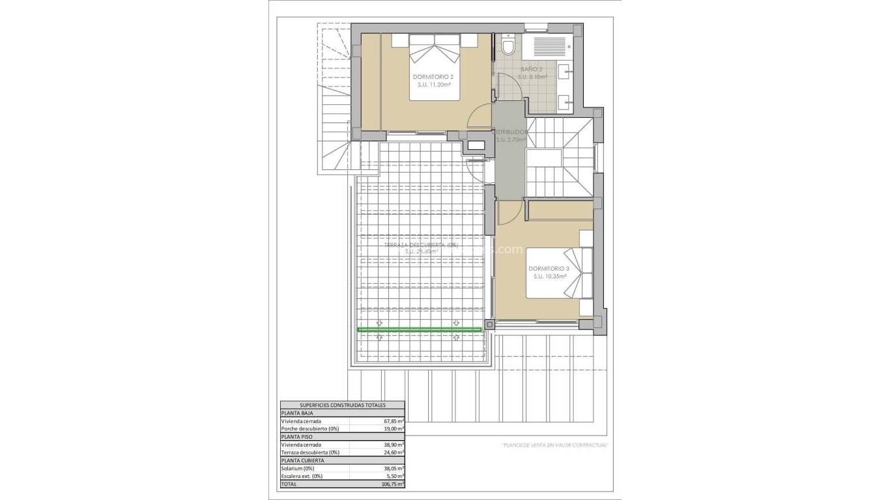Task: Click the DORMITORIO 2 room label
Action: [x=433, y=76]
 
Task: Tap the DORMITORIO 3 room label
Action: [x=549, y=268]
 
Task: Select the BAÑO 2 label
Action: [x=532, y=68]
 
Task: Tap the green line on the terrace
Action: [x=420, y=330]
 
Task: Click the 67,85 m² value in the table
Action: [x=394, y=421]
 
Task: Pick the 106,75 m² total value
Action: [x=392, y=484]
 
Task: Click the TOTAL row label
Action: [x=289, y=484]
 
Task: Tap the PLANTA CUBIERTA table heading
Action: [x=302, y=460]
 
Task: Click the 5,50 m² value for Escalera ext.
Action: [x=395, y=476]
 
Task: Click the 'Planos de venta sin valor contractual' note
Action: [x=555, y=445]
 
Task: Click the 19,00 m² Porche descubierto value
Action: [x=394, y=429]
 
